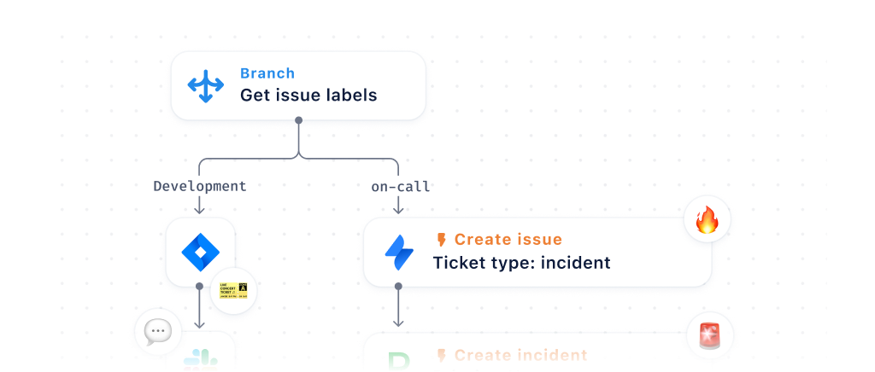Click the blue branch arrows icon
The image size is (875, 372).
(205, 85)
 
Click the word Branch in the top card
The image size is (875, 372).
(267, 73)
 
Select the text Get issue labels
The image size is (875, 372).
(308, 96)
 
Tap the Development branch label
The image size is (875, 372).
(199, 186)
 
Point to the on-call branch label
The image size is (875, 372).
(400, 186)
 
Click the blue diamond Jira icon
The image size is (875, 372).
(201, 252)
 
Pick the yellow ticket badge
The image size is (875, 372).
(233, 291)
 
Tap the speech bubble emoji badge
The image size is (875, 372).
(158, 331)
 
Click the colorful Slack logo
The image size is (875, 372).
(201, 361)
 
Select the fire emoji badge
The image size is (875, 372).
(708, 222)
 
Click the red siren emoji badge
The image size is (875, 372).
(709, 336)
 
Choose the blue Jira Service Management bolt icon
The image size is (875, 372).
(399, 253)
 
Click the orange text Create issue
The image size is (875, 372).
(508, 240)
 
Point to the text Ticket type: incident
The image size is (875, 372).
(521, 263)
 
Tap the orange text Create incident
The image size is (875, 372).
(520, 355)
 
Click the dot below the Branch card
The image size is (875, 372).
(298, 120)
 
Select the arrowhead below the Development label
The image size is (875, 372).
(199, 210)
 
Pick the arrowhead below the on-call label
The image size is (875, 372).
(398, 210)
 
